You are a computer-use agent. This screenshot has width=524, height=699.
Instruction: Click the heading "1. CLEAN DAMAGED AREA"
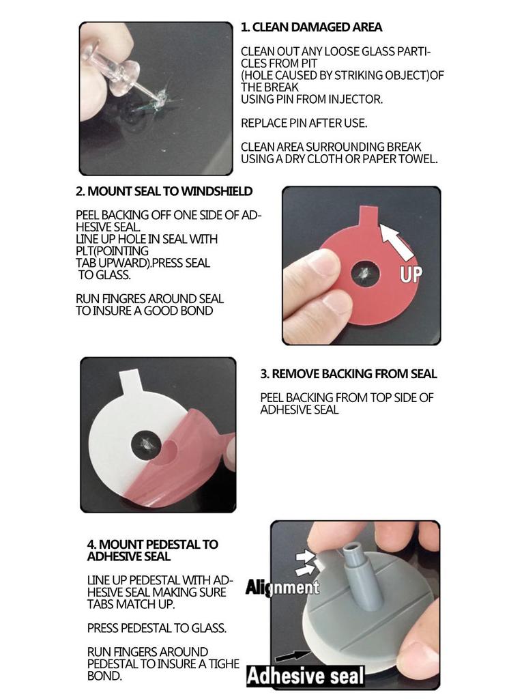pos(311,27)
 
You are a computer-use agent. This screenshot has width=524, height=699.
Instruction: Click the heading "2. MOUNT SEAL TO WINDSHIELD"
pos(164,191)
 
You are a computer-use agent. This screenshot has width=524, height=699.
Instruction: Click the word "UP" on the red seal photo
pos(409,274)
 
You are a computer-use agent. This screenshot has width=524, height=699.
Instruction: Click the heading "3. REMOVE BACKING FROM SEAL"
pos(349,374)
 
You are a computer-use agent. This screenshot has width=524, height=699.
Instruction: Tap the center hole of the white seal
pos(145,444)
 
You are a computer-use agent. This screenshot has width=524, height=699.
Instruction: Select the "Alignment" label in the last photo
pos(282,587)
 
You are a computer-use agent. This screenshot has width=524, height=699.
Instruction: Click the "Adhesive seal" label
pos(305,676)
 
